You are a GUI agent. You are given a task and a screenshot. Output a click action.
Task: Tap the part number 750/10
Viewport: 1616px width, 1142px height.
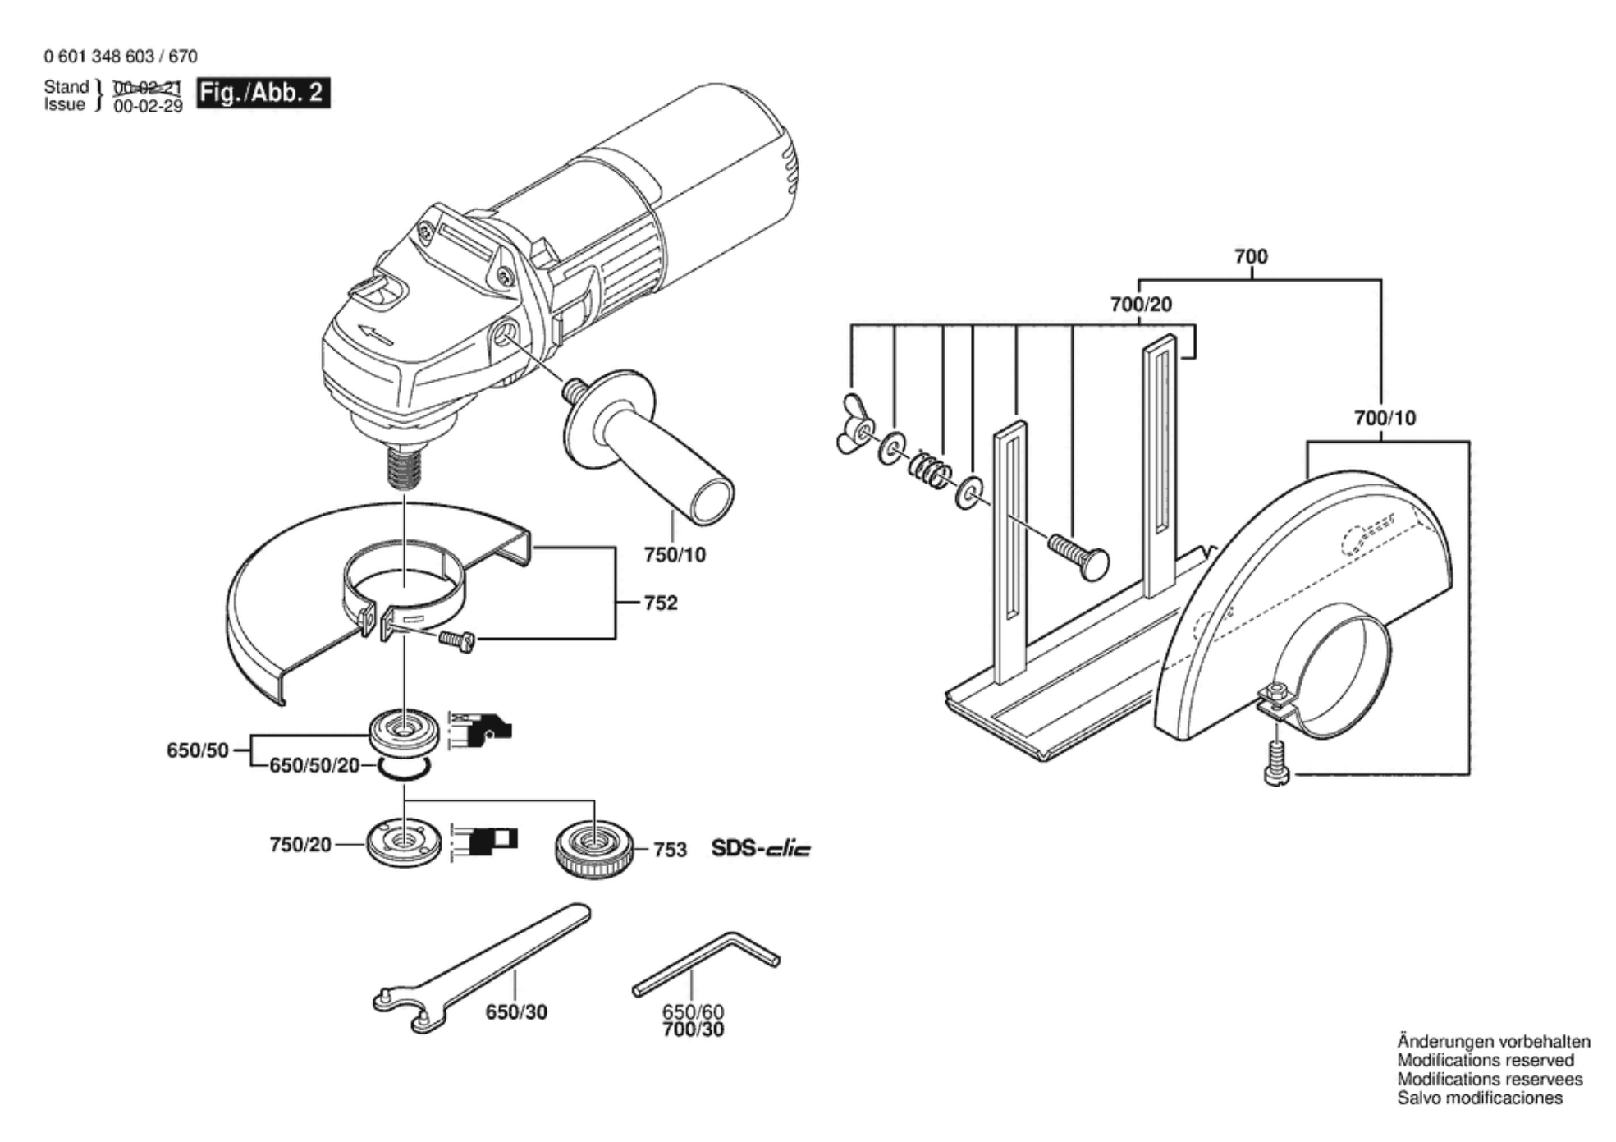pos(675,555)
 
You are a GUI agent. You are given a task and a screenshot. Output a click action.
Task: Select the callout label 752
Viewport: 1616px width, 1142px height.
pos(661,603)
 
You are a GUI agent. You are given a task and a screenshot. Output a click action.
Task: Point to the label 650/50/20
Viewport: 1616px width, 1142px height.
pos(314,765)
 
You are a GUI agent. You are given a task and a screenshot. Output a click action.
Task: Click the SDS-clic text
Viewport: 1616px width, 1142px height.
pos(761,848)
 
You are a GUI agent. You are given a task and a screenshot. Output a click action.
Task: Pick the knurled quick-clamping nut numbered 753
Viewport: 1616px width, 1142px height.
pos(593,850)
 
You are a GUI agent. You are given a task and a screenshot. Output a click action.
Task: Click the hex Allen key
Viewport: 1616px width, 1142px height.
pos(706,962)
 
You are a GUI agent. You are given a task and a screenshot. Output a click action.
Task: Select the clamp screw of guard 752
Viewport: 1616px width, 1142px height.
pos(456,640)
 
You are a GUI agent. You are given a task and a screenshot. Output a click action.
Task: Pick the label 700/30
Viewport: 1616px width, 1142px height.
pos(694,1030)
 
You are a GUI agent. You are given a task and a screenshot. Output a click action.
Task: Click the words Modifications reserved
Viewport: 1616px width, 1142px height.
pos(1486,1060)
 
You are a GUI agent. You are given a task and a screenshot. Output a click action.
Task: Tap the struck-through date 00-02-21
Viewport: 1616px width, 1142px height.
pos(148,88)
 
